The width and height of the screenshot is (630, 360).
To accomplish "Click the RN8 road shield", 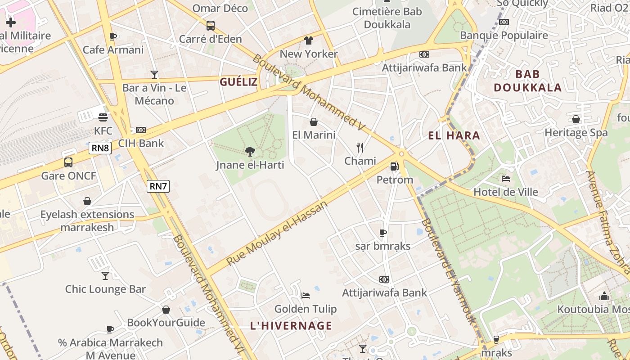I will point(100,148).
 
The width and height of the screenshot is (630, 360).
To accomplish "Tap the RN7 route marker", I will point(158,186).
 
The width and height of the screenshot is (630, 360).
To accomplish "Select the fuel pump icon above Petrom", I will point(395,166).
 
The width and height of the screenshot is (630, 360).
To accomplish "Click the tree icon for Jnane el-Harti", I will point(250,152).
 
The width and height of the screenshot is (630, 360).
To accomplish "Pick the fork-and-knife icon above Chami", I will point(360,148).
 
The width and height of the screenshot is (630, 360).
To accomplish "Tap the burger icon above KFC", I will point(103,117).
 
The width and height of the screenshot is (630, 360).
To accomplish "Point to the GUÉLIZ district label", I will point(238,82).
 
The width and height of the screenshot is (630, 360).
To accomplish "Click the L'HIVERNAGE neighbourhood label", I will point(291,326).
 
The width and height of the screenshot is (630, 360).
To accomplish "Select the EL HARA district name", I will point(454,135).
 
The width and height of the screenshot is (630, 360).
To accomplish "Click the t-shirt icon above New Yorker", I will point(308,40).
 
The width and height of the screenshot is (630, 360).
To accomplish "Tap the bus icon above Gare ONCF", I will point(68,162).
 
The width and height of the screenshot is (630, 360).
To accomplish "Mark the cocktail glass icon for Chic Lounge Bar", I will point(105,275).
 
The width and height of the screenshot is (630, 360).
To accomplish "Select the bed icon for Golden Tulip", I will point(306,296).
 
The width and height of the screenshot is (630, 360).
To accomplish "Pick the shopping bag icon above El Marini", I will point(314,122).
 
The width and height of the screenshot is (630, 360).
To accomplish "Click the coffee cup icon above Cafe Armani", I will point(113,36).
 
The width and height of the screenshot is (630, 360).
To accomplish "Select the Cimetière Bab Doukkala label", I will point(387,18).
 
